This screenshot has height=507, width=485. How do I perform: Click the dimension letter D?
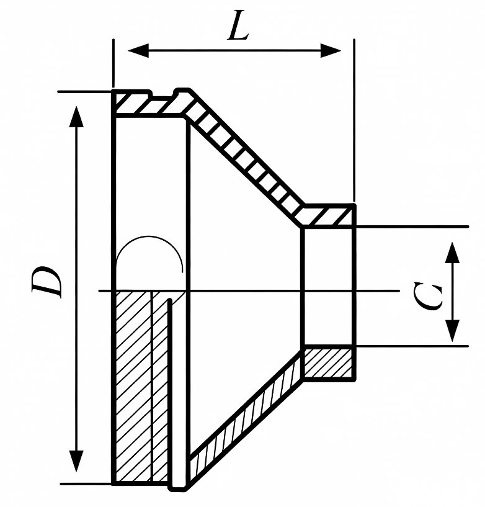[x=47, y=281]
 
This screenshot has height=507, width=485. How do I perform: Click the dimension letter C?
[x=428, y=295]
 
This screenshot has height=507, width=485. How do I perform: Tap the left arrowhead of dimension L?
[x=138, y=50]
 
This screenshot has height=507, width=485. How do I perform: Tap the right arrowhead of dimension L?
[x=331, y=50]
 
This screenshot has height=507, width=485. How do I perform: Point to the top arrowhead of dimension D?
[x=76, y=117]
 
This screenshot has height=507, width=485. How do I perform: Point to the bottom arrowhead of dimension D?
[x=76, y=460]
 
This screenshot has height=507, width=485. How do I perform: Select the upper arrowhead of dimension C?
[x=452, y=253]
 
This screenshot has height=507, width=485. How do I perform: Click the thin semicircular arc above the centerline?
[x=149, y=236]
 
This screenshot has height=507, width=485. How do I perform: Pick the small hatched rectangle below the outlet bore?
[x=328, y=363]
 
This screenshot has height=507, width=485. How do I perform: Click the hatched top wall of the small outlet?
[x=328, y=216]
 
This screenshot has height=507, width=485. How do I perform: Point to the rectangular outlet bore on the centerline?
[x=328, y=287]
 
